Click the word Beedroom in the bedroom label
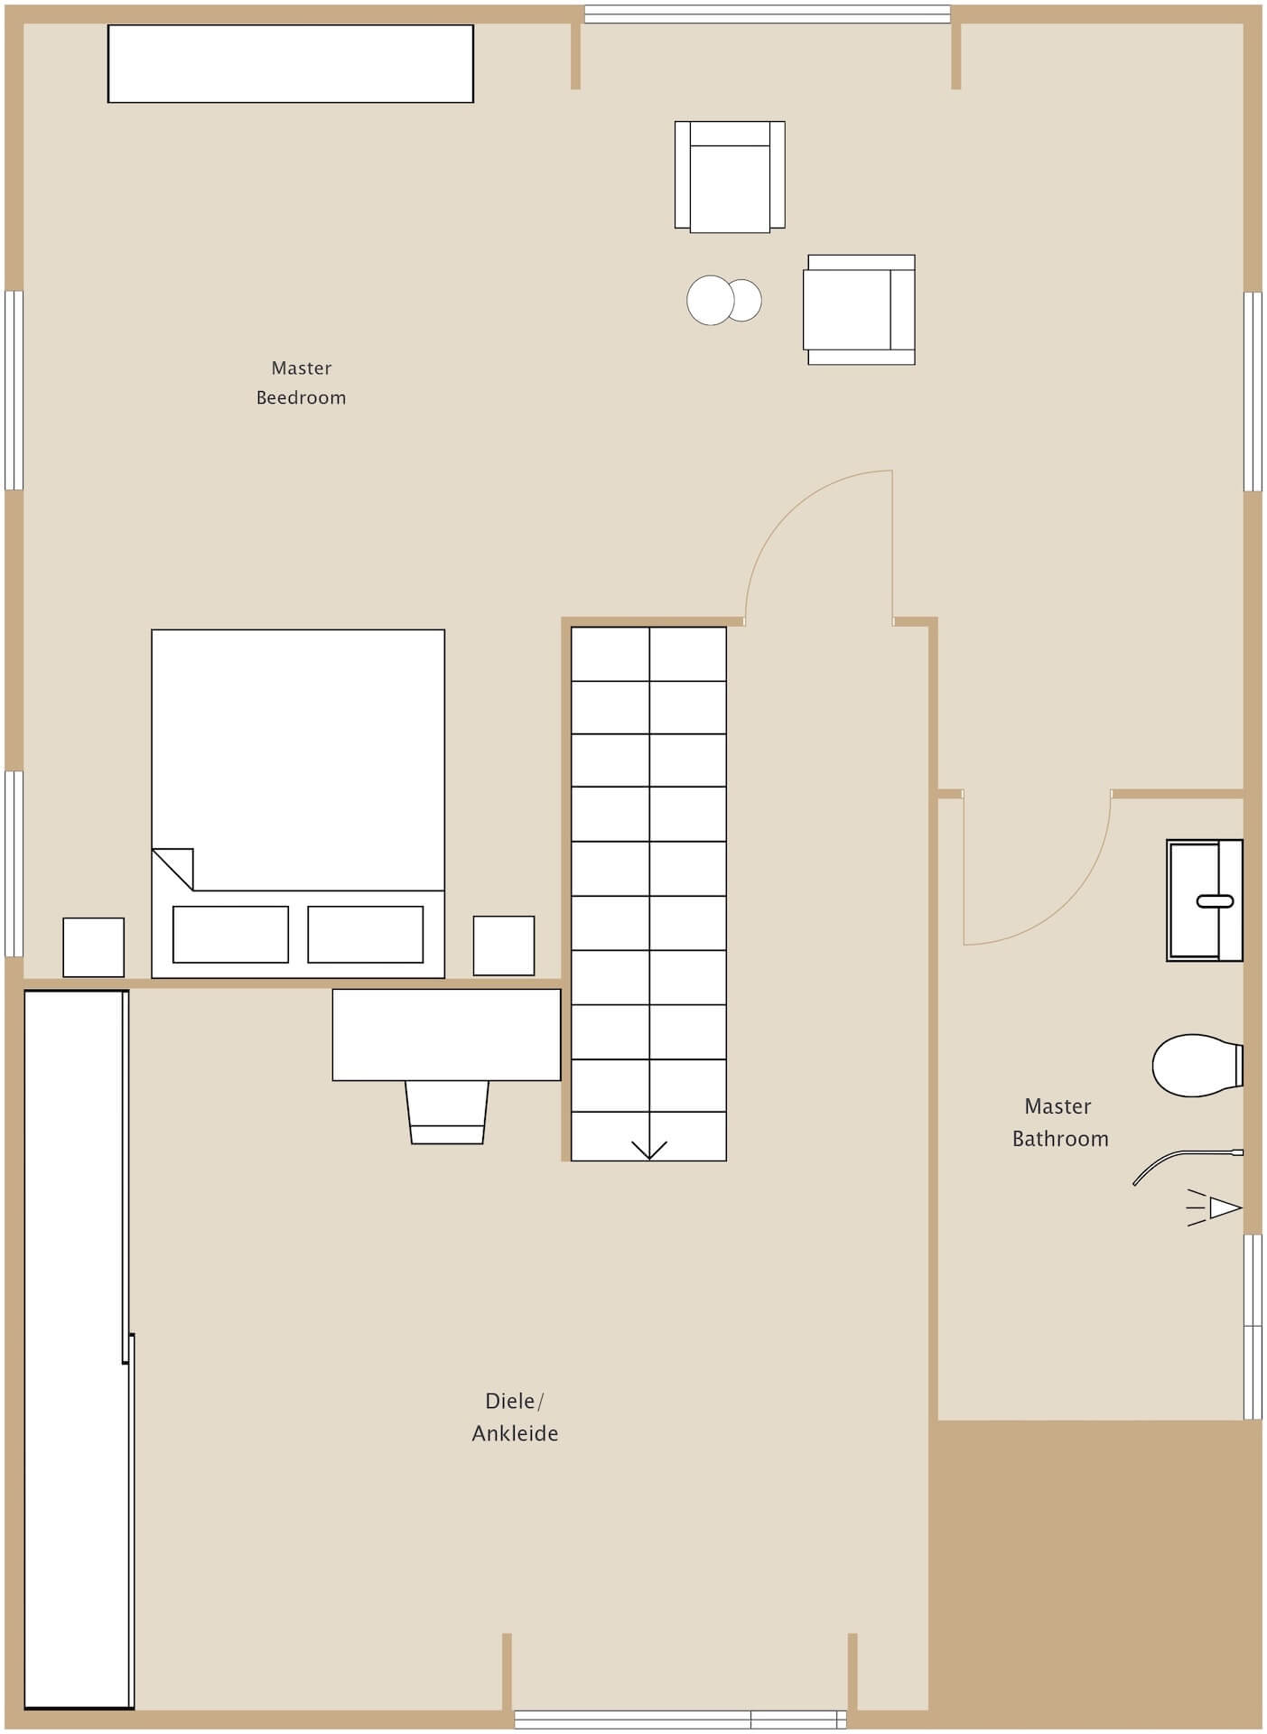301,397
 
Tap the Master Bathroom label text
1059,1123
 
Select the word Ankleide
515,1433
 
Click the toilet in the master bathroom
1198,1066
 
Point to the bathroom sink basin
1205,900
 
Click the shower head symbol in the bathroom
1215,1207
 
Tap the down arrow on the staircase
648,1150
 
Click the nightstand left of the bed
93,947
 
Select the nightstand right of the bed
504,946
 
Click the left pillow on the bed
230,935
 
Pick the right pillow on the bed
366,935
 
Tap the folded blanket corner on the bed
172,869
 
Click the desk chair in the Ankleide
447,1113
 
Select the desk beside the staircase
446,1035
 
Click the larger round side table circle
711,300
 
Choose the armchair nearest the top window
730,177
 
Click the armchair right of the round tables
860,310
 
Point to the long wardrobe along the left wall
79,1349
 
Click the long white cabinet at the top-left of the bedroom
291,63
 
